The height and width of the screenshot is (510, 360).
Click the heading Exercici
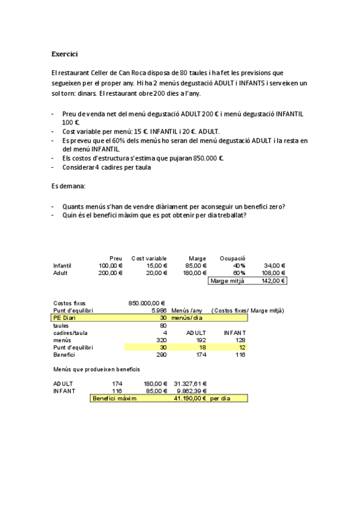pyautogui.click(x=64, y=54)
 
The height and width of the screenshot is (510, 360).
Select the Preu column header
pyautogui.click(x=115, y=258)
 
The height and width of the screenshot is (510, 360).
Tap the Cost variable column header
pyautogui.click(x=149, y=258)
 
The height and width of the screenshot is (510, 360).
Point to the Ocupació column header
pyautogui.click(x=233, y=258)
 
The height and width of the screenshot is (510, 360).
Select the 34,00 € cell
pyautogui.click(x=275, y=265)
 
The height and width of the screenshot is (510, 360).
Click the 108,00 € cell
pyautogui.click(x=274, y=272)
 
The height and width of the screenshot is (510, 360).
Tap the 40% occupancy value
pyautogui.click(x=239, y=265)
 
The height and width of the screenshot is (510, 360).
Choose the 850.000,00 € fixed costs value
pyautogui.click(x=147, y=303)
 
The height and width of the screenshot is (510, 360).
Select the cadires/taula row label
pyautogui.click(x=70, y=332)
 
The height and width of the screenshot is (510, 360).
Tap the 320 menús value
pyautogui.click(x=161, y=339)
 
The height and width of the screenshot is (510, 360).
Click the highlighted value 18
pyautogui.click(x=203, y=347)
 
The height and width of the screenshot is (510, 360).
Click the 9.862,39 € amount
pyautogui.click(x=192, y=390)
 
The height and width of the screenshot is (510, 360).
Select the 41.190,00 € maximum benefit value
pyautogui.click(x=188, y=398)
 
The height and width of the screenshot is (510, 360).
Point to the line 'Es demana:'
pyautogui.click(x=68, y=186)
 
